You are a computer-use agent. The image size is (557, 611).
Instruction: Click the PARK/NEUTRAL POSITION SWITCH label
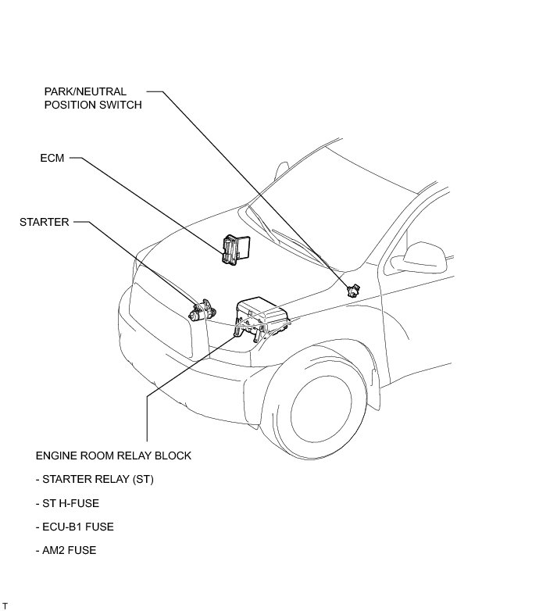[93, 98]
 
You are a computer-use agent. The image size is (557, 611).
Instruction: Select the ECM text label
[52, 158]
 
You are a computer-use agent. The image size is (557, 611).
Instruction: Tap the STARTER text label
[44, 222]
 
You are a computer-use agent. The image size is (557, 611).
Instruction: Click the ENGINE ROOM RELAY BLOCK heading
[113, 456]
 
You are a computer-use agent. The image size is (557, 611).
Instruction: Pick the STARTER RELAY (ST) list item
[95, 479]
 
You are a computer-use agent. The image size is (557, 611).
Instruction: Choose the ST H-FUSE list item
[67, 503]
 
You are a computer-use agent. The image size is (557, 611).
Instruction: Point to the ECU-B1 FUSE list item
[74, 527]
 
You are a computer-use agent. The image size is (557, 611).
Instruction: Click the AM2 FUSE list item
[66, 550]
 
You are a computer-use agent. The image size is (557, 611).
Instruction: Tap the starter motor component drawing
[202, 310]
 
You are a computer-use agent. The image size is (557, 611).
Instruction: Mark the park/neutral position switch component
[352, 290]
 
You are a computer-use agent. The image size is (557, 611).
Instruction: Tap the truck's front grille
[159, 320]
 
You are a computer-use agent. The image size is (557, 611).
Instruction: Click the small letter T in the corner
[5, 606]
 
